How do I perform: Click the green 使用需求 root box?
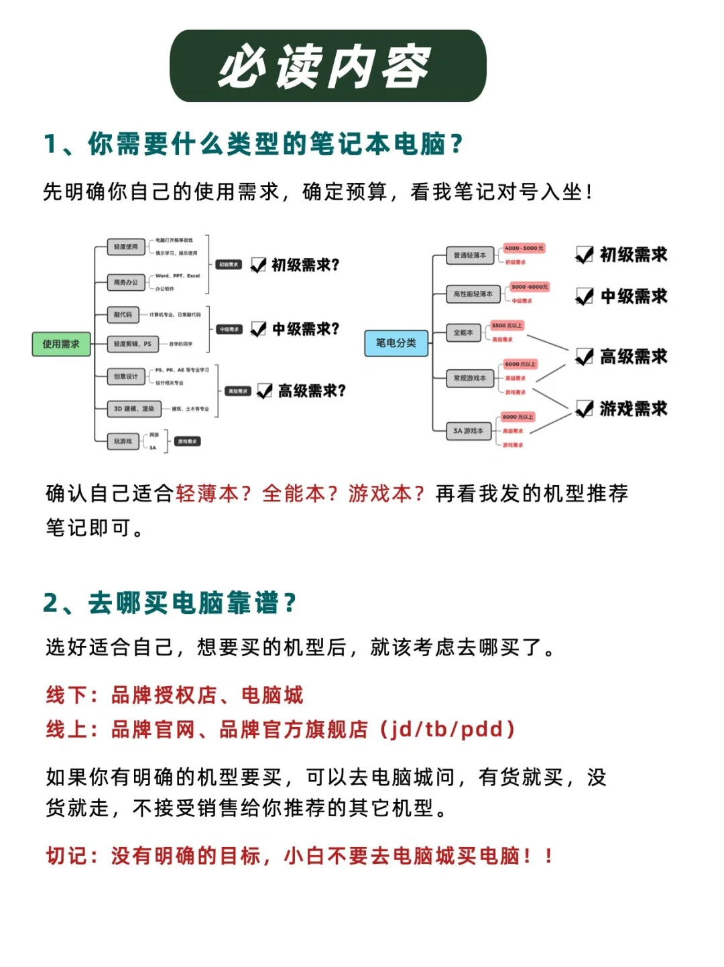click(61, 344)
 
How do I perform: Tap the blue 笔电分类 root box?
click(396, 342)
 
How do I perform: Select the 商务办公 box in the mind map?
click(126, 282)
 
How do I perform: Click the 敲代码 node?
click(123, 314)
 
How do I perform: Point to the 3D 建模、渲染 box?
click(134, 409)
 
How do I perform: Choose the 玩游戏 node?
click(123, 441)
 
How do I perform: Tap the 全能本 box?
click(463, 332)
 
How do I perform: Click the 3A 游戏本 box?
click(469, 431)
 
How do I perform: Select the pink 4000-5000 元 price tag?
click(524, 248)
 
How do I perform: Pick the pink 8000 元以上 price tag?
click(518, 417)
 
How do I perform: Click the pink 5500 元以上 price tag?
click(507, 326)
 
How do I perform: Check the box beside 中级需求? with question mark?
click(258, 329)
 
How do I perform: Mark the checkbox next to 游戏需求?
click(585, 409)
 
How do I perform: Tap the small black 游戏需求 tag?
click(187, 441)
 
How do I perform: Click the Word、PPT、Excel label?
click(178, 275)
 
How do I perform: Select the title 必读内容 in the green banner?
click(327, 66)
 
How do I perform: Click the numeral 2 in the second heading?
click(51, 603)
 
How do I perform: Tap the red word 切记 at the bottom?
click(66, 856)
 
